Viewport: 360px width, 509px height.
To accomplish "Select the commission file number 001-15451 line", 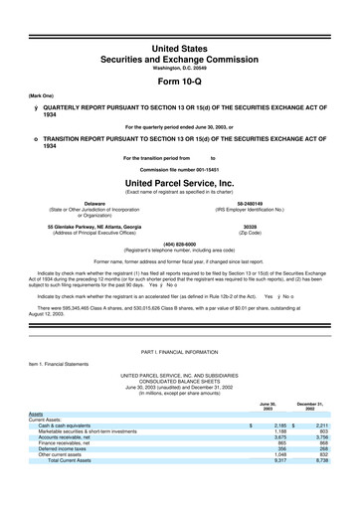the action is click(x=179, y=170).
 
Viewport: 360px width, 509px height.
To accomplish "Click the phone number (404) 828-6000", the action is click(x=179, y=244).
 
